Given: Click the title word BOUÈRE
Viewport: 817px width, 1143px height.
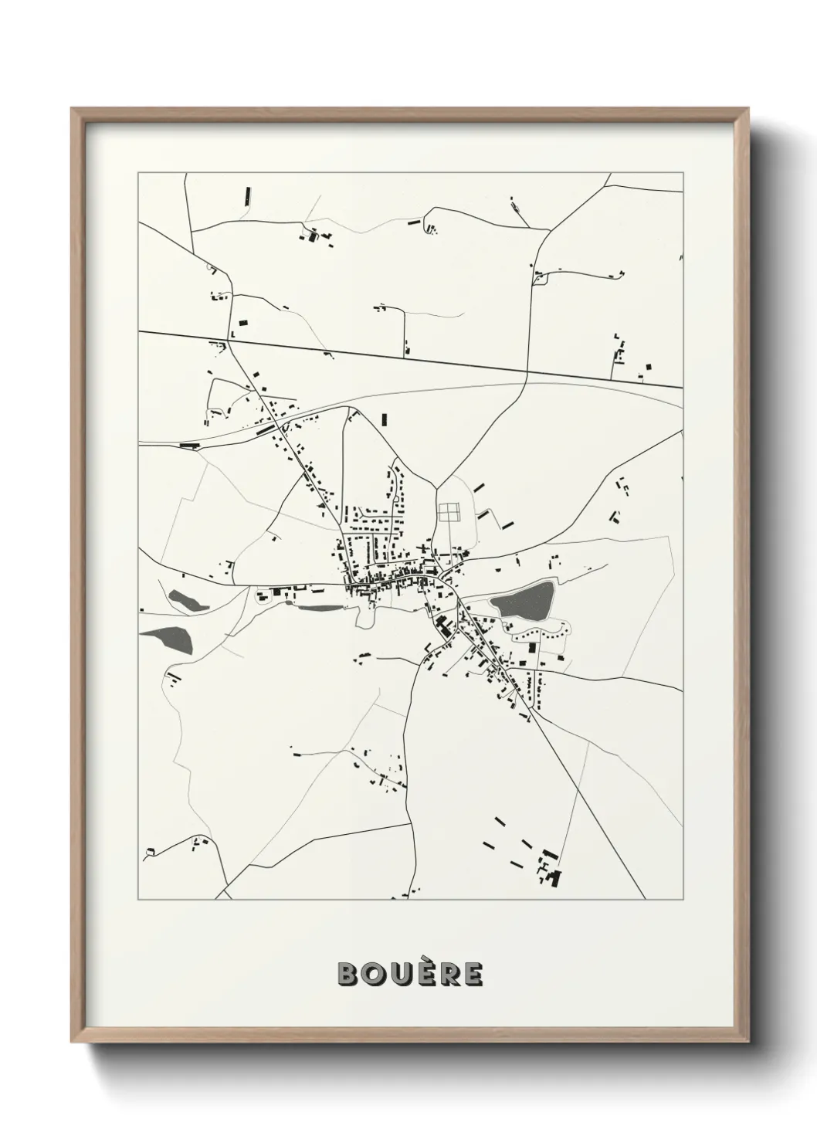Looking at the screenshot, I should [410, 974].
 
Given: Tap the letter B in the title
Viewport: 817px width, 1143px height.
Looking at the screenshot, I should [347, 974].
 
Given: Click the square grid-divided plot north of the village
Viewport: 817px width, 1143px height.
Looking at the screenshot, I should [448, 512].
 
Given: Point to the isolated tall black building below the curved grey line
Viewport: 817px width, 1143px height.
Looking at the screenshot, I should [384, 420].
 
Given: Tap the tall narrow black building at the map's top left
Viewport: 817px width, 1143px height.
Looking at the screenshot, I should [248, 195].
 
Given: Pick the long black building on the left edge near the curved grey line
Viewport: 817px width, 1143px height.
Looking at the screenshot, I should [189, 445].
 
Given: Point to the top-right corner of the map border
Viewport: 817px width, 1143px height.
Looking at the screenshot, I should [683, 173].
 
